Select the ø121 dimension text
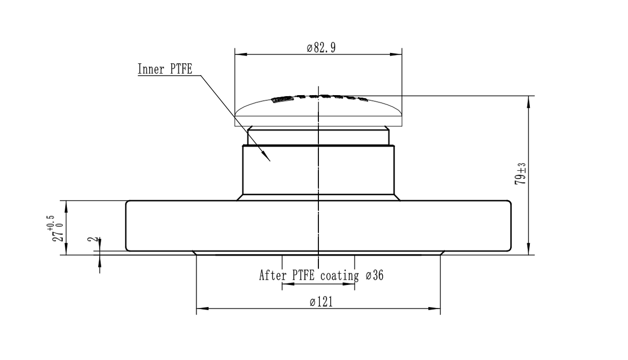321,302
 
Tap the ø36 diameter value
375,276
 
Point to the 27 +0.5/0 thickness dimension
58,228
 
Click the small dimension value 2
91,240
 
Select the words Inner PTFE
165,69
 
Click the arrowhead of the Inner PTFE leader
268,158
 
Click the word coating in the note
339,276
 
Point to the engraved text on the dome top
319,98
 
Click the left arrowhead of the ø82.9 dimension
238,53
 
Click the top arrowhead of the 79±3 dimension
529,99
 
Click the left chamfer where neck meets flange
240,197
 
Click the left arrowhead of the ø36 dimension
285,284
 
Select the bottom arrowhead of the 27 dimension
66,251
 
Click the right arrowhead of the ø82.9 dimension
399,53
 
